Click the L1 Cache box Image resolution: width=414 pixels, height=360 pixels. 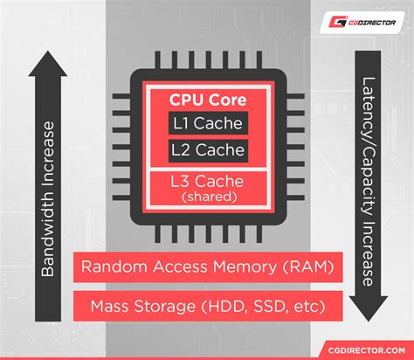tap(206, 123)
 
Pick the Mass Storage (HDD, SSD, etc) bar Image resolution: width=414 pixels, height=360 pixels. tap(206, 307)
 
